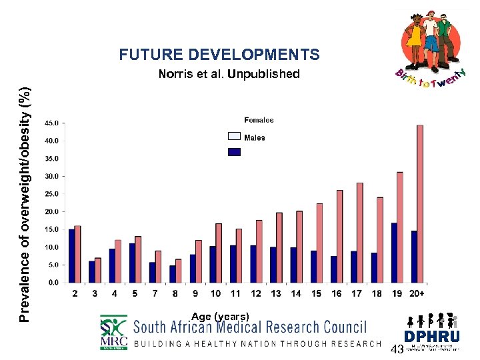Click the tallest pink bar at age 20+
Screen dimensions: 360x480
click(420, 203)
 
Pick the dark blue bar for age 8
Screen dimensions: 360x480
click(173, 273)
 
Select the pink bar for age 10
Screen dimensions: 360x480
click(219, 253)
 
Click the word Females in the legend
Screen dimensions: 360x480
click(259, 121)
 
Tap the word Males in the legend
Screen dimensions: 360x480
click(255, 138)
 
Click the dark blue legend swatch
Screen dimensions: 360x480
click(234, 152)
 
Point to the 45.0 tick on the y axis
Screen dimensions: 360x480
click(51, 123)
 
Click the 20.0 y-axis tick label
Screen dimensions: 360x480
click(51, 211)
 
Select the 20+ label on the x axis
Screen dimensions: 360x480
click(417, 293)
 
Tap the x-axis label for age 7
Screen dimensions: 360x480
click(155, 293)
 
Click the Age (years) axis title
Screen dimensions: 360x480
click(220, 316)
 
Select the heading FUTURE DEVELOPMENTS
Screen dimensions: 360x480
click(219, 55)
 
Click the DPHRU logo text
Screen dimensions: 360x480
click(431, 337)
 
